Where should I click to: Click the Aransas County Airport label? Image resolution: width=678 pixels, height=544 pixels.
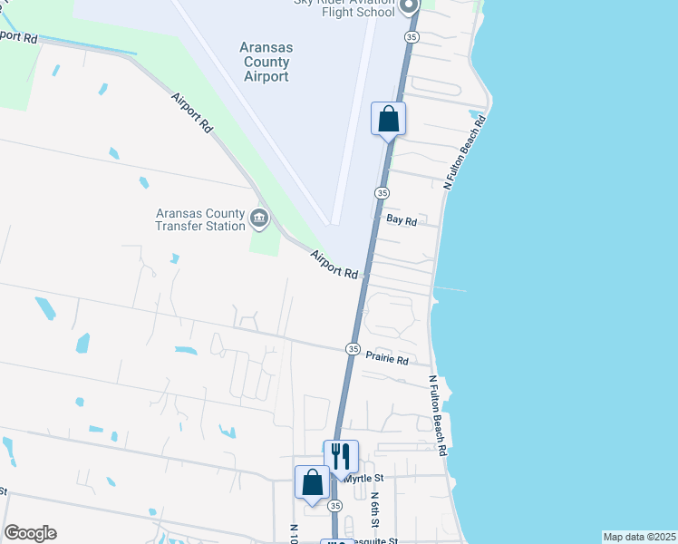(x=266, y=63)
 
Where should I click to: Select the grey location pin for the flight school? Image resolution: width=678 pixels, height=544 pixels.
(x=409, y=5)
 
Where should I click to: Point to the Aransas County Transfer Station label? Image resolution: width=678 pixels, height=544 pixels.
(x=200, y=219)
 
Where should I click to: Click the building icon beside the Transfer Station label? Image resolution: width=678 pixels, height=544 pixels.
(x=259, y=219)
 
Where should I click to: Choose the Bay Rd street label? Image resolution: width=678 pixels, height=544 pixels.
(x=401, y=220)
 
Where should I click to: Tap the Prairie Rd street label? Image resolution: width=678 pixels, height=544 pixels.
(x=387, y=359)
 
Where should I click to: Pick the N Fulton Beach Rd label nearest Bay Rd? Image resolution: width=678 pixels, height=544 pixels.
(x=464, y=152)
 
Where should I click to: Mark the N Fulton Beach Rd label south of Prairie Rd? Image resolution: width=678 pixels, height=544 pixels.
(x=437, y=415)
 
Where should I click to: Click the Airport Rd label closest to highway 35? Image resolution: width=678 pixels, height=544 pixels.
(x=334, y=265)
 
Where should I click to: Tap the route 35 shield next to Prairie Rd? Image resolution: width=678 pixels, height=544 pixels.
(x=353, y=349)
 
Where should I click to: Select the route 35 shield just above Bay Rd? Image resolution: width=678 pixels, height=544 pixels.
(x=383, y=193)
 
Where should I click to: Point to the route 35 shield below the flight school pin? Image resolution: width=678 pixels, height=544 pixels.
(x=412, y=37)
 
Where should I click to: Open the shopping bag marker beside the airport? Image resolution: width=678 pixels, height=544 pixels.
(x=388, y=119)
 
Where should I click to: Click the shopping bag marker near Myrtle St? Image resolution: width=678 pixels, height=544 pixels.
(x=312, y=482)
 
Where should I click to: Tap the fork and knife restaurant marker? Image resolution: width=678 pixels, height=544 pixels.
(x=342, y=456)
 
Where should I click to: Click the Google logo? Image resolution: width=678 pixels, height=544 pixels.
(x=30, y=533)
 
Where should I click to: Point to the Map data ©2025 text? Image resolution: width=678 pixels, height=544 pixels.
(x=640, y=537)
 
